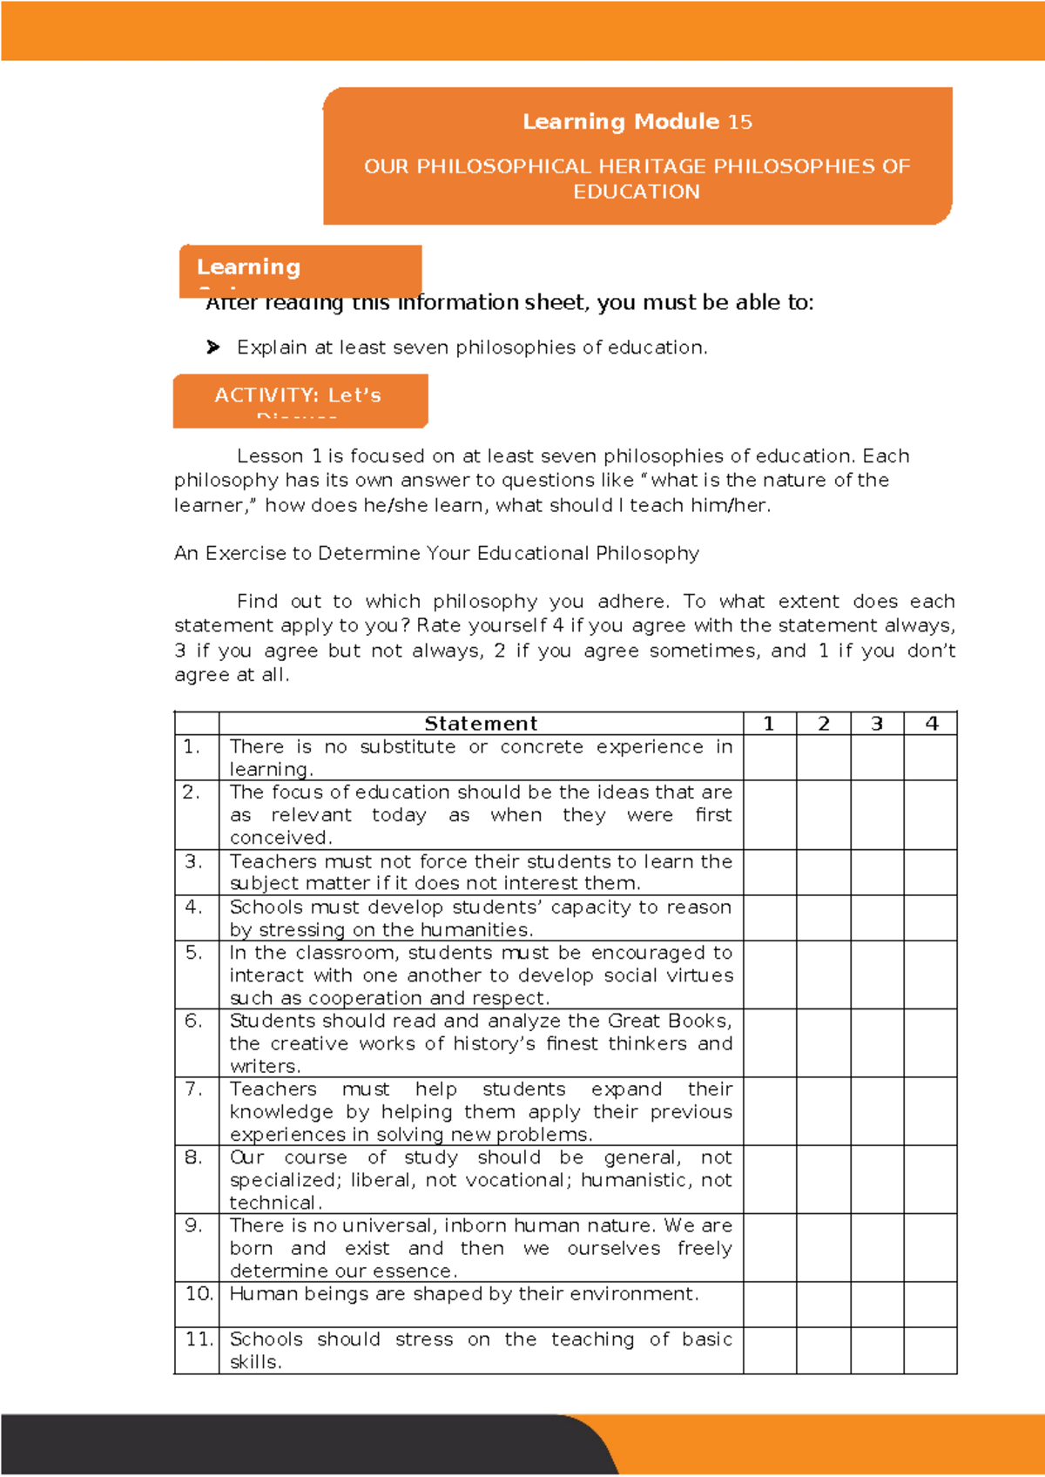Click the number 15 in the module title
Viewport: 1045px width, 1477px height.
tap(740, 122)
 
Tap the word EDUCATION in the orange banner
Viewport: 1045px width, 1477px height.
tap(637, 192)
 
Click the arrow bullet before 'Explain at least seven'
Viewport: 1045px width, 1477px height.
tap(213, 347)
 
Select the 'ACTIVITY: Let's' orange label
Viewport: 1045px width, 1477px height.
tap(298, 396)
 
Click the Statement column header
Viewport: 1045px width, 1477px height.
tap(481, 724)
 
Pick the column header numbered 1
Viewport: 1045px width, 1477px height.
tap(769, 724)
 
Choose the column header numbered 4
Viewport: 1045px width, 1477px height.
tap(931, 724)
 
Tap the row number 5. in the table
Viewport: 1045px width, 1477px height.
tap(193, 953)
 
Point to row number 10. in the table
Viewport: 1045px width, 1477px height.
tap(199, 1294)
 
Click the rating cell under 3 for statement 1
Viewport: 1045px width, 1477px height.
tap(877, 758)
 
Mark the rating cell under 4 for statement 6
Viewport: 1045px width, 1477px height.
tap(931, 1043)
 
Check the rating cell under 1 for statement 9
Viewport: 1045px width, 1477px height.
tap(770, 1248)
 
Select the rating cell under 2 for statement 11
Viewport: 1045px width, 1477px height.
tap(824, 1351)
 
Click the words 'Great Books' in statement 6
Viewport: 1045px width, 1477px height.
tap(668, 1021)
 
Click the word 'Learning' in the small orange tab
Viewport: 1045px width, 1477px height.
tap(249, 267)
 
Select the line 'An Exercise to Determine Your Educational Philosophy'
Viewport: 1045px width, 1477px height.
tap(436, 554)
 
